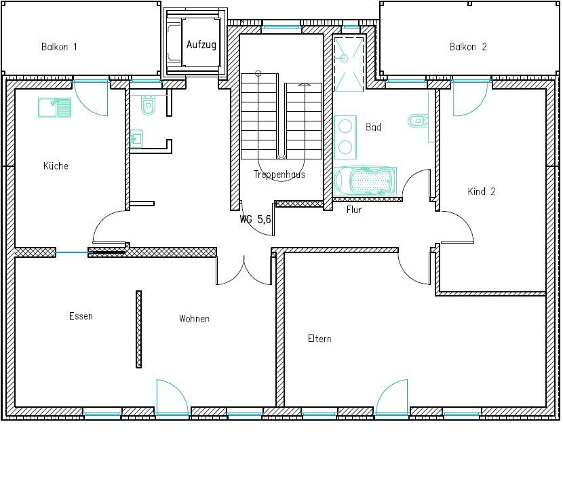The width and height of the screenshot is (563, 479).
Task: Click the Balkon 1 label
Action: pyautogui.click(x=59, y=47)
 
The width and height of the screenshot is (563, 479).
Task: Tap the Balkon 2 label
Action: pyautogui.click(x=468, y=47)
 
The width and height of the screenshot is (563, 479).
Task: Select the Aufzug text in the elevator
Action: pyautogui.click(x=201, y=45)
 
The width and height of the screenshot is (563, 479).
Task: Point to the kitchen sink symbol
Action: pyautogui.click(x=54, y=107)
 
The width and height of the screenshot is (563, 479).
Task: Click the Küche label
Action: pyautogui.click(x=56, y=166)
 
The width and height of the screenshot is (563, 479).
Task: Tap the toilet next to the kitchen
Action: pyautogui.click(x=148, y=105)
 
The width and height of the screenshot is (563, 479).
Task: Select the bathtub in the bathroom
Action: pyautogui.click(x=365, y=181)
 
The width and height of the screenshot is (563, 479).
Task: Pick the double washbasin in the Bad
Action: pyautogui.click(x=345, y=137)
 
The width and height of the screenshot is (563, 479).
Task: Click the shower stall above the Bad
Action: pyautogui.click(x=349, y=63)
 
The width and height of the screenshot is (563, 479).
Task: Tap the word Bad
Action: pyautogui.click(x=373, y=127)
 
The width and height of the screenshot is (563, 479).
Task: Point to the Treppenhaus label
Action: pyautogui.click(x=279, y=174)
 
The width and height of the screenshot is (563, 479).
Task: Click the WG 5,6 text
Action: pyautogui.click(x=255, y=218)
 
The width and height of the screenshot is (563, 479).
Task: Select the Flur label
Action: pyautogui.click(x=353, y=210)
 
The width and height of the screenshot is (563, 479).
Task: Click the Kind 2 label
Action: pyautogui.click(x=482, y=191)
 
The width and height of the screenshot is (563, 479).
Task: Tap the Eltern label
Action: pyautogui.click(x=319, y=339)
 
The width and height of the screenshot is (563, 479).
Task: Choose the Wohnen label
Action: pyautogui.click(x=194, y=318)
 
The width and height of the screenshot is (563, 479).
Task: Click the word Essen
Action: pyautogui.click(x=81, y=316)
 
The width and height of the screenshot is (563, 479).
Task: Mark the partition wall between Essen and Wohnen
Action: pyautogui.click(x=138, y=329)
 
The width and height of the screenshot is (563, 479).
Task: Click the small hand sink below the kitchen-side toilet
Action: pyautogui.click(x=136, y=138)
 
